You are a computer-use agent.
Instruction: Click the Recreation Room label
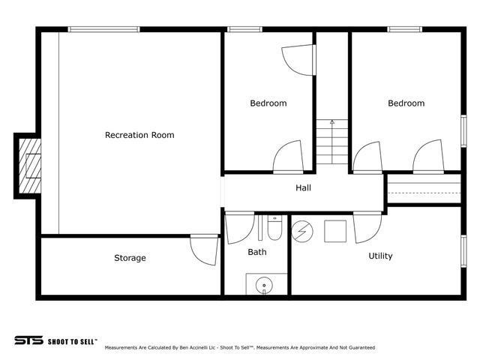click(x=139, y=135)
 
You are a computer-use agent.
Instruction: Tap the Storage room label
click(x=130, y=258)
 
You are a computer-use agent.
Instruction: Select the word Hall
click(x=303, y=187)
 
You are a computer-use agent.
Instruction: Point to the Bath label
click(x=257, y=252)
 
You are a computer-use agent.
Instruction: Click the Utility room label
click(x=380, y=256)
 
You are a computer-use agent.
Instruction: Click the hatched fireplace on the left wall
click(x=30, y=166)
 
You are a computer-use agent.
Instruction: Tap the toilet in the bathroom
click(x=274, y=227)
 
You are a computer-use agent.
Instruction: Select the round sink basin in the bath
click(x=264, y=285)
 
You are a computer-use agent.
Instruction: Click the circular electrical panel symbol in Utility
click(x=302, y=232)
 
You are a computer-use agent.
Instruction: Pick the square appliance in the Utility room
click(x=335, y=231)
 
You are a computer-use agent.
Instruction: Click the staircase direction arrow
click(x=332, y=142)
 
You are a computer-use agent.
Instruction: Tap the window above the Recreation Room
click(x=103, y=29)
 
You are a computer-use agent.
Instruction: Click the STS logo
click(x=28, y=340)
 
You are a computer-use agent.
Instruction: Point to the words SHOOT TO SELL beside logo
click(x=72, y=342)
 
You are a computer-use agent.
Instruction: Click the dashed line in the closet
click(x=424, y=193)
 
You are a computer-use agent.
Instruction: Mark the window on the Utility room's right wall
click(x=463, y=250)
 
